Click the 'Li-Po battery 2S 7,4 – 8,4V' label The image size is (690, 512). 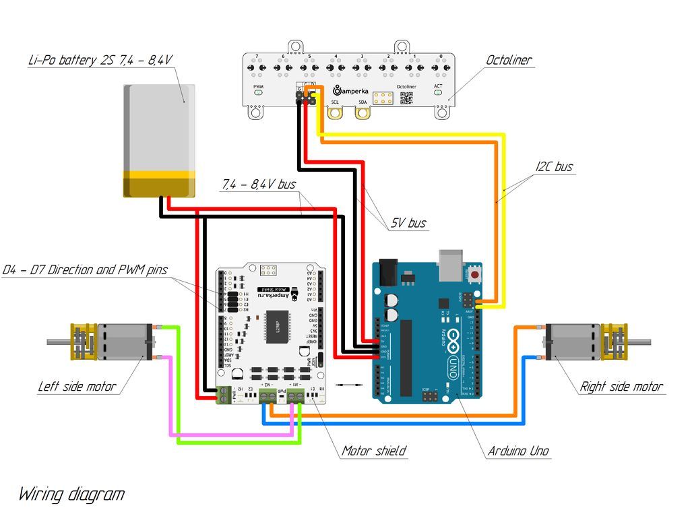coord(100,60)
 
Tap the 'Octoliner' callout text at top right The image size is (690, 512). coord(509,60)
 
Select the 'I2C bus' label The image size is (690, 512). coord(555,166)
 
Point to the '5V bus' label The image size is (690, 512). coord(408,222)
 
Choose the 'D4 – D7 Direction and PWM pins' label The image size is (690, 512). coord(84,270)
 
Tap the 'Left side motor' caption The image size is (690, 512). coord(76,387)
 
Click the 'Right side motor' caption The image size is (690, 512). coord(621,387)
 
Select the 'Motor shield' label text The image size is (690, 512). coord(373,451)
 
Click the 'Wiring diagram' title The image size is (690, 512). coord(71,494)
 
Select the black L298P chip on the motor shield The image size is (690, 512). coord(276,327)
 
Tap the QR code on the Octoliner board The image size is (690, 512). coord(406,98)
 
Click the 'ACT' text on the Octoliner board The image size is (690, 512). coord(438,86)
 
